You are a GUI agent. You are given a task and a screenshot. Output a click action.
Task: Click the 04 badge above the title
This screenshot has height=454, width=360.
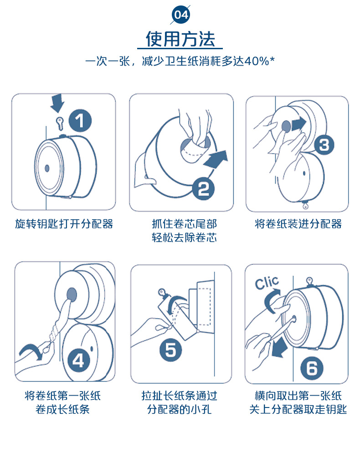coord(181,15)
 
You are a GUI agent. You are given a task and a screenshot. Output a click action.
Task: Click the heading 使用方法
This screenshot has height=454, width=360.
coord(180,39)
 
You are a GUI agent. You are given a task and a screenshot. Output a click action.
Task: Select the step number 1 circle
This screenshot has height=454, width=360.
coord(80,120)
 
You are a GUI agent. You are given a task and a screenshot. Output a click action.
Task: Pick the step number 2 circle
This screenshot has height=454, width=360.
coord(203,189)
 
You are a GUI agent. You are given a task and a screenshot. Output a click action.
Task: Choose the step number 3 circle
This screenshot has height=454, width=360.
coord(324,145)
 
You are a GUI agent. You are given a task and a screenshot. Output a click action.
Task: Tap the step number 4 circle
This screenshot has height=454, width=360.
coord(78,361)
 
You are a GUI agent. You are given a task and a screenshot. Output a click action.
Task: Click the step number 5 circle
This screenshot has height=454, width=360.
coord(170,350)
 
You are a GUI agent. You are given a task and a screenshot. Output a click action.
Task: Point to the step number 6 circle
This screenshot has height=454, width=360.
coord(312,368)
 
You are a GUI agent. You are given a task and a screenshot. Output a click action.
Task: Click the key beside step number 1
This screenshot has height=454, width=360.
coord(60,124)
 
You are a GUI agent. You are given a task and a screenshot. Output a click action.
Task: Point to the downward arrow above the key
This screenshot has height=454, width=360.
coord(57,103)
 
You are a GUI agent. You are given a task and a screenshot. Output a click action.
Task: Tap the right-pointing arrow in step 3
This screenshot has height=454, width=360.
coord(298,124)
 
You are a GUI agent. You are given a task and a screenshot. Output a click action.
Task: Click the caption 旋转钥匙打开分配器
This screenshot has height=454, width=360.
coord(64,224)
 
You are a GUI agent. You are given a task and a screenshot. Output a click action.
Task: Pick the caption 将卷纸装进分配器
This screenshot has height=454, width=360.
coord(298,224)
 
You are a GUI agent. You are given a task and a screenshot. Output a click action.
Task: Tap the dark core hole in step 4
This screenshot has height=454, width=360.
coord(72,294)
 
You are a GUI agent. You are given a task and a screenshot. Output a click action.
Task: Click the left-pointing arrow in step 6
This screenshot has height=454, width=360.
coord(278,348)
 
